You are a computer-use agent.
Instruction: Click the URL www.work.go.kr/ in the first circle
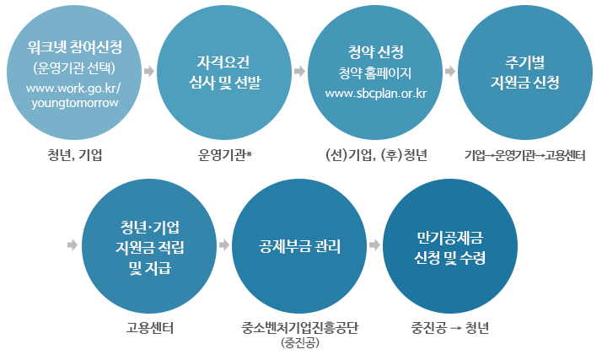pos(73,88)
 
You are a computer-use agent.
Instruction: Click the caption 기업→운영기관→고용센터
pos(524,154)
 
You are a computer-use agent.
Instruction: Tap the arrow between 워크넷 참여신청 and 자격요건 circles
pos(148,72)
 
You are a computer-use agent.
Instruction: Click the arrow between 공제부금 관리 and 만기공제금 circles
pos(374,244)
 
